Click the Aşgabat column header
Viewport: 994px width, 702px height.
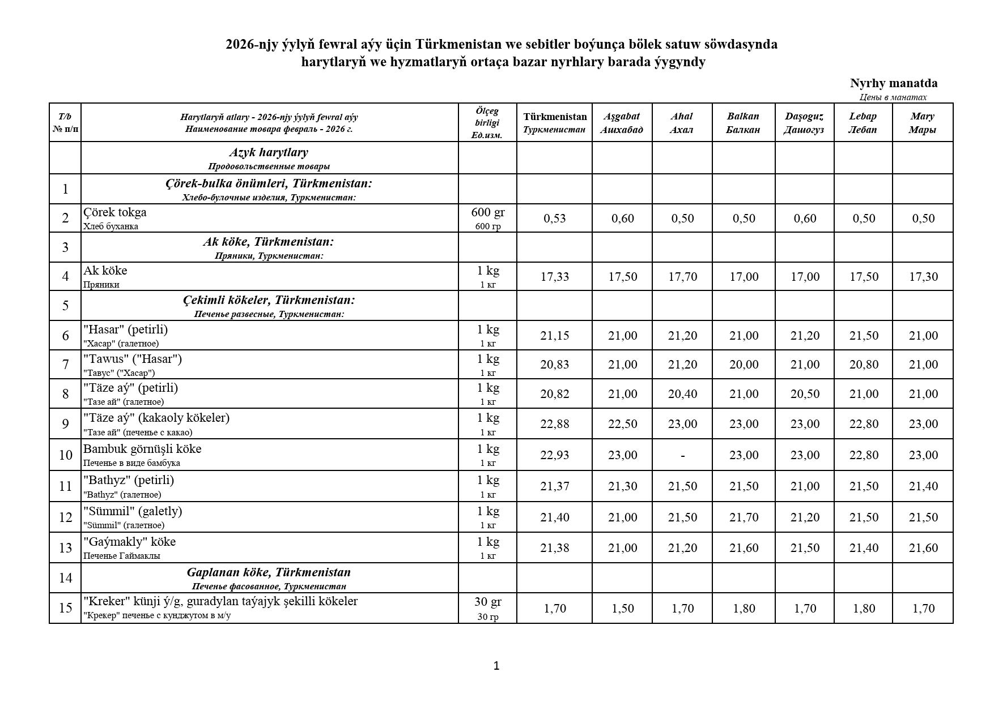622,123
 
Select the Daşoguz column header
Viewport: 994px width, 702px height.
804,123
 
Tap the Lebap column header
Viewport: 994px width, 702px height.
863,123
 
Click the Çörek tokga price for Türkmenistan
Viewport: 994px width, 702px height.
554,219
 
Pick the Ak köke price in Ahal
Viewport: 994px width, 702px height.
682,277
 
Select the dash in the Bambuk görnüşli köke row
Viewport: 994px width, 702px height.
682,455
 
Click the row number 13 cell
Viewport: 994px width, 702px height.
65,548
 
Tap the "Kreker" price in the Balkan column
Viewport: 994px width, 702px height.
744,609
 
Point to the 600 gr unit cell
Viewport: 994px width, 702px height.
487,218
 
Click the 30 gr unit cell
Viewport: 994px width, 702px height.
487,608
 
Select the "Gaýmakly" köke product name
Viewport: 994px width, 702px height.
130,542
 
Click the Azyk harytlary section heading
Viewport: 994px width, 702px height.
269,152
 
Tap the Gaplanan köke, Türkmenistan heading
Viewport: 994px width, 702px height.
269,572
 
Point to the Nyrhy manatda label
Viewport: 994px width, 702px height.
893,83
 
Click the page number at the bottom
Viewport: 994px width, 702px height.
496,666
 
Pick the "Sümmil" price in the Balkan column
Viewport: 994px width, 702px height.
744,517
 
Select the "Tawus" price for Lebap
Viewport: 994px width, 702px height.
864,365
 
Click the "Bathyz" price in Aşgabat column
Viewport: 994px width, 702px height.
622,486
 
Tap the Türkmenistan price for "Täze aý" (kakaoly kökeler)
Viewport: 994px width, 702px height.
554,424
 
